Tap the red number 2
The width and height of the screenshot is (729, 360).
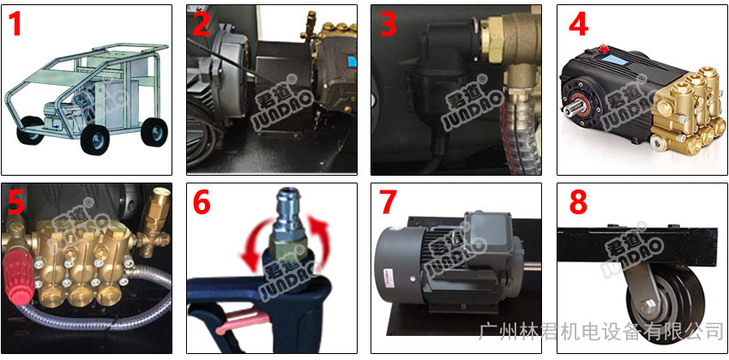pyautogui.click(x=202, y=24)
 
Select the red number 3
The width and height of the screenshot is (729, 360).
pyautogui.click(x=389, y=24)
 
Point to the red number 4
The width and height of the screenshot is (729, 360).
pyautogui.click(x=579, y=24)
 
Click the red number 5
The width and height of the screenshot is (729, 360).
pyautogui.click(x=15, y=202)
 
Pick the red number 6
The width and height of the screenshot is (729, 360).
pyautogui.click(x=202, y=202)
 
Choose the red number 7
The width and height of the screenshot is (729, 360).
pyautogui.click(x=389, y=202)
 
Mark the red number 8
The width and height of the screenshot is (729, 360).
pyautogui.click(x=578, y=202)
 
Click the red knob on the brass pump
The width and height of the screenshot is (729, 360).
pyautogui.click(x=17, y=281)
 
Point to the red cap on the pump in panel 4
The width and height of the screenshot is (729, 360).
pyautogui.click(x=604, y=48)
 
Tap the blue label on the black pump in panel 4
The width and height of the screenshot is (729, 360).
pyautogui.click(x=613, y=59)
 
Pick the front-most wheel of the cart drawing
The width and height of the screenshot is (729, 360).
pyautogui.click(x=94, y=137)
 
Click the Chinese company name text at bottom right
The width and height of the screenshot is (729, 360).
pyautogui.click(x=601, y=332)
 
